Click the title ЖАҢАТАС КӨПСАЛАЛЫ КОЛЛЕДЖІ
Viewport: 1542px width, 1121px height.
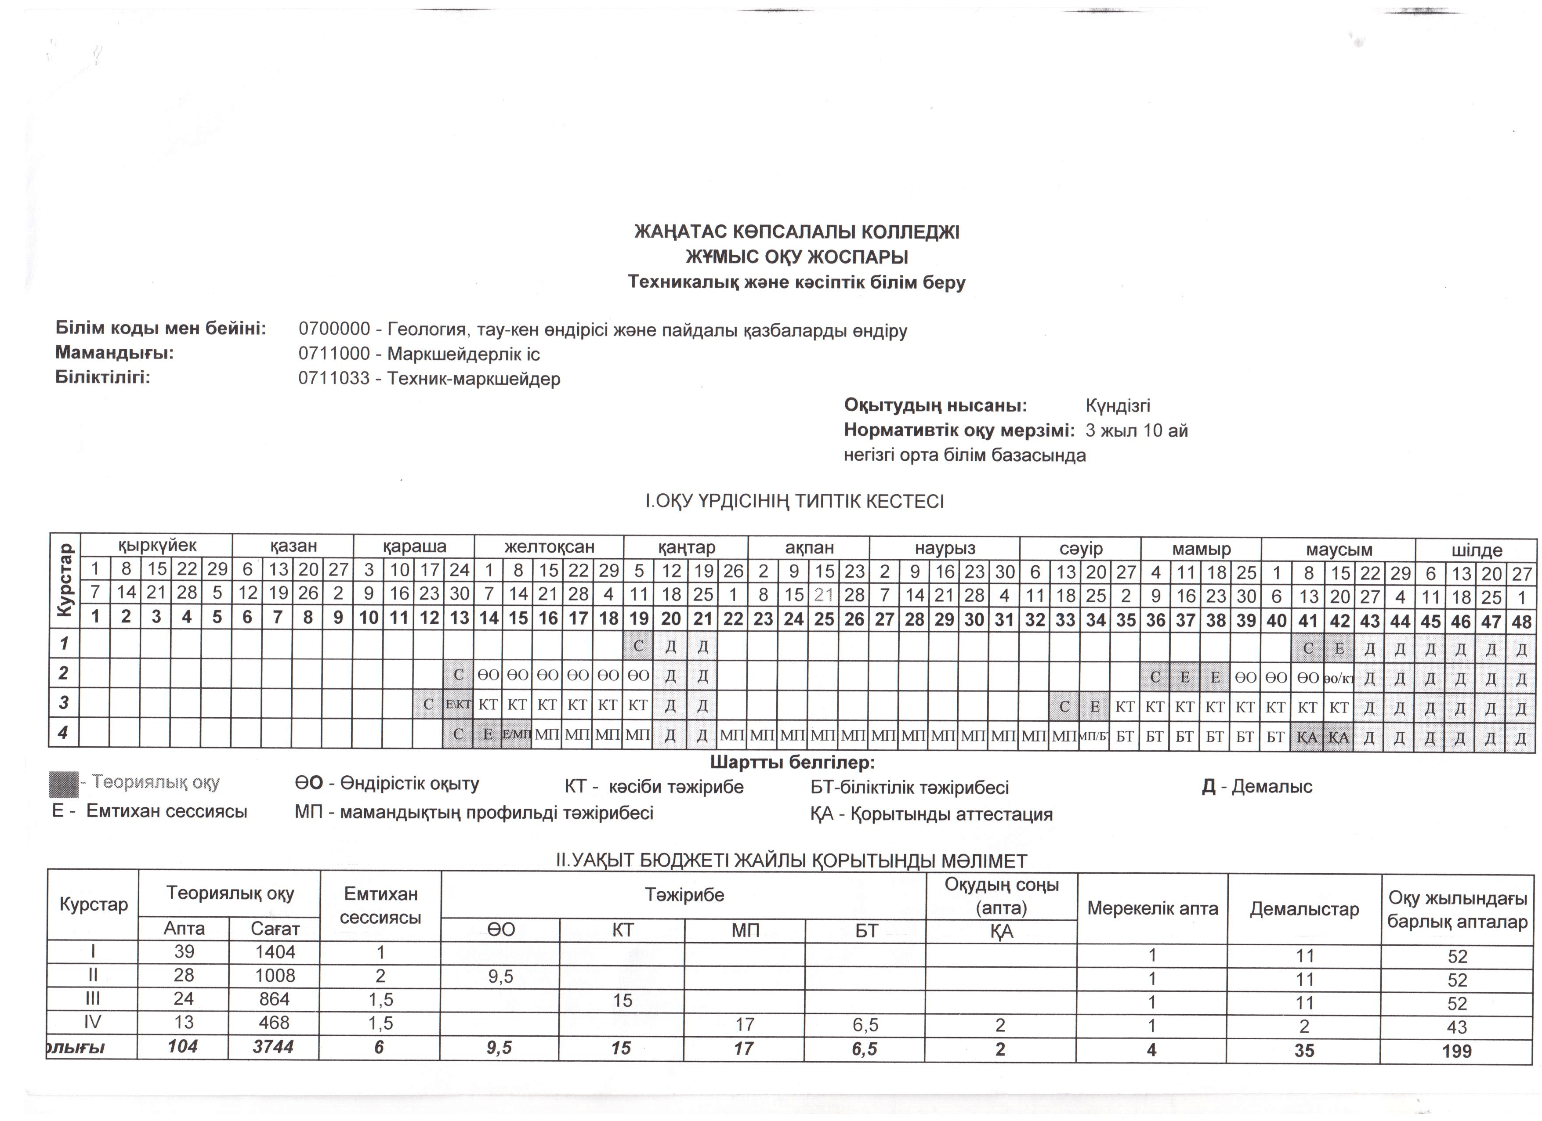[x=797, y=232]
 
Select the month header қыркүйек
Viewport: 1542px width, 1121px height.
[x=157, y=545]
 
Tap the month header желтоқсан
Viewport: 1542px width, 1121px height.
[x=549, y=546]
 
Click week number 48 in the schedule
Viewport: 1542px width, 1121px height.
[x=1522, y=622]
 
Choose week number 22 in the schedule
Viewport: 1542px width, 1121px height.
[x=733, y=619]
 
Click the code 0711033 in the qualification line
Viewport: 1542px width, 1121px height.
[x=334, y=379]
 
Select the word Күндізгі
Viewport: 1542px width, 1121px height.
[x=1118, y=406]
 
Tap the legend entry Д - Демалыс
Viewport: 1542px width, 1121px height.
[x=1256, y=787]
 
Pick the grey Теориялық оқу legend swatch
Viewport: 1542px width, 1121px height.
[x=63, y=784]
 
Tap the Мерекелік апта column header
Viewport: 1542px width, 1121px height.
[x=1152, y=908]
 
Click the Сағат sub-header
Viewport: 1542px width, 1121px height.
[x=275, y=929]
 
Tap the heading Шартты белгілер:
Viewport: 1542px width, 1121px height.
[x=792, y=763]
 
